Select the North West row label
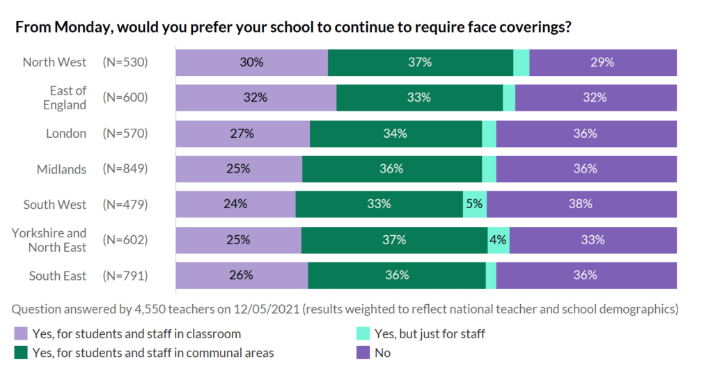[x=54, y=62]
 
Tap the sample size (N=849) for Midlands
[x=125, y=169]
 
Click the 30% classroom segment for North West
[x=251, y=62]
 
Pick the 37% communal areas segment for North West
[x=421, y=62]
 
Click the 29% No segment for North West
[x=603, y=62]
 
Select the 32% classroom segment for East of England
[x=256, y=97]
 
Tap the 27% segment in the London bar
[x=242, y=134]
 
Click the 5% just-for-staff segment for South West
[x=475, y=205]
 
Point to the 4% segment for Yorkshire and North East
[x=499, y=240]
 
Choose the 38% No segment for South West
[x=581, y=205]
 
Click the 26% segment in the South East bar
[x=241, y=276]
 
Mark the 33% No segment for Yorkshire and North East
[x=593, y=240]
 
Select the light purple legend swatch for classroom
[x=21, y=334]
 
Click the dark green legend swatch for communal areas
[x=21, y=353]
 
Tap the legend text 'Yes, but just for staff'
[x=430, y=334]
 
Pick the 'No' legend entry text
[x=383, y=353]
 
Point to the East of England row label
[x=68, y=97]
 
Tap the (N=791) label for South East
[x=125, y=276]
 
